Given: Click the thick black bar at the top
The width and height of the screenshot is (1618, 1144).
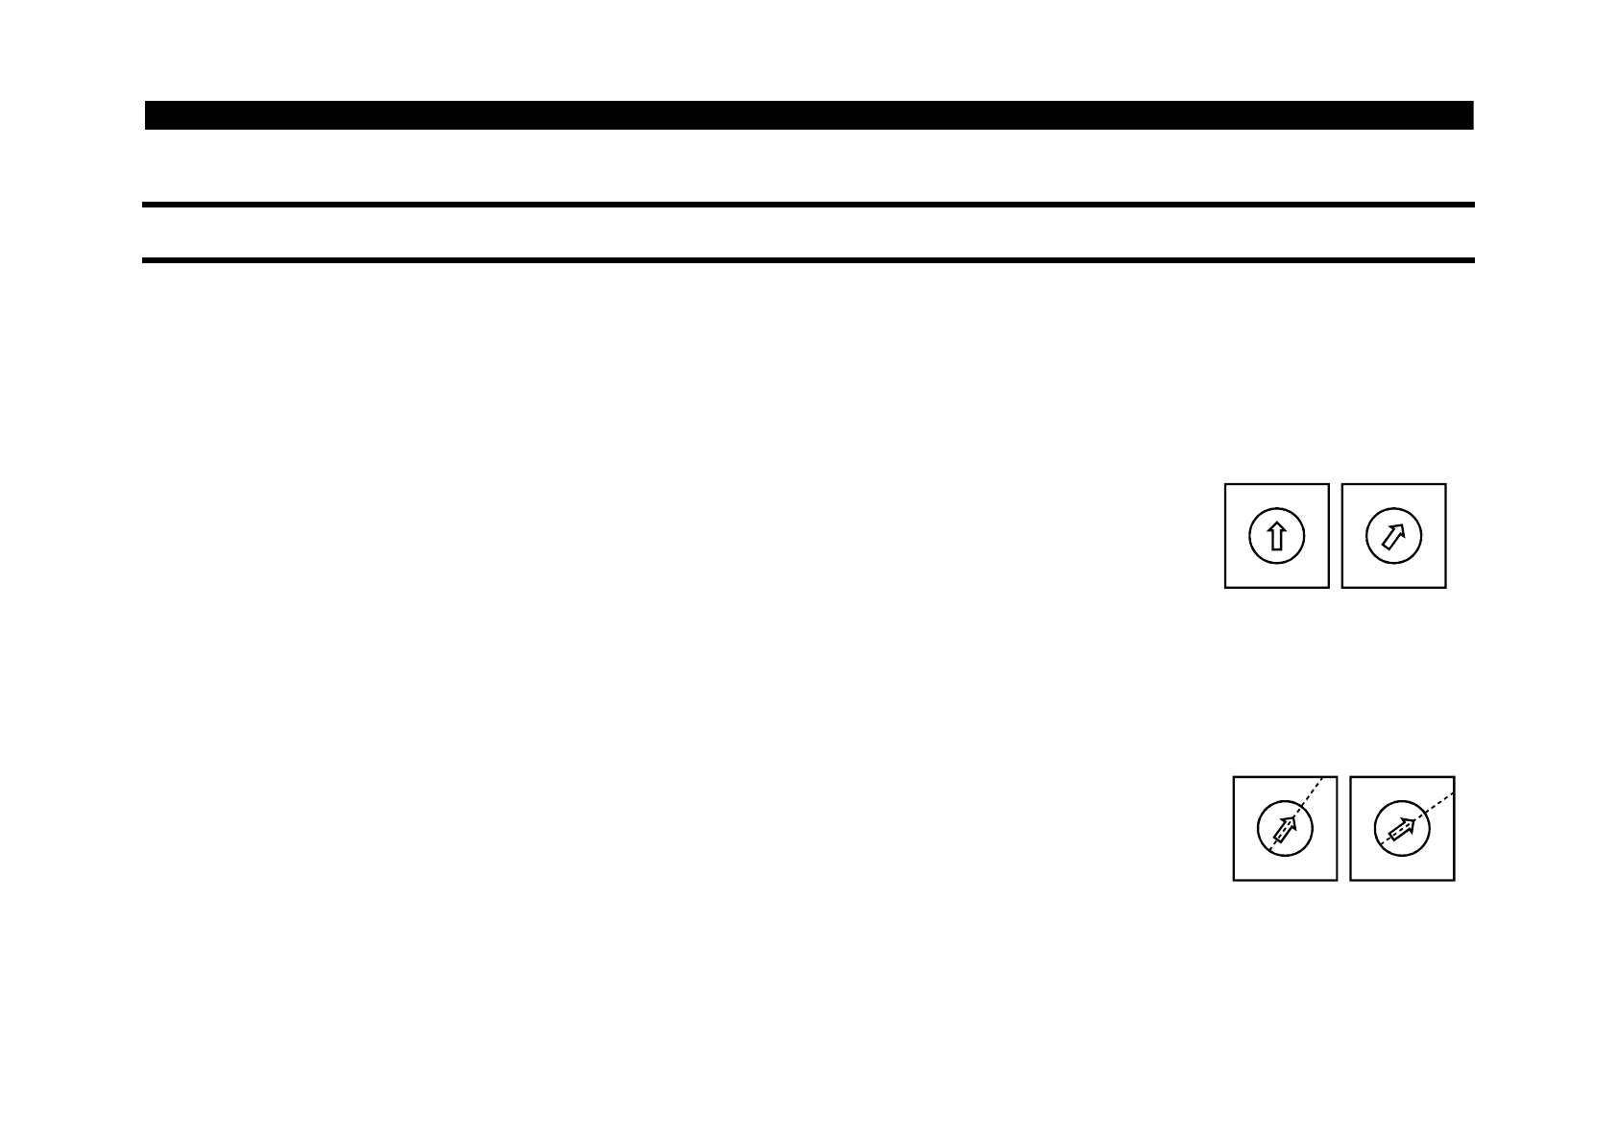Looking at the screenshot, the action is [x=809, y=115].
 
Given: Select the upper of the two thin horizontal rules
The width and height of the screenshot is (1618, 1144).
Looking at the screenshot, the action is [x=809, y=205].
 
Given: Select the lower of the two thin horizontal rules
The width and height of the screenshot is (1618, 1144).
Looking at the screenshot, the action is [x=809, y=260].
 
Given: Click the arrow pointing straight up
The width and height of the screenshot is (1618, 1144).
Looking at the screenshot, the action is [x=1276, y=536].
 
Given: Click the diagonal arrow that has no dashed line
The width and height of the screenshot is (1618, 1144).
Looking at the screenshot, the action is [x=1393, y=536].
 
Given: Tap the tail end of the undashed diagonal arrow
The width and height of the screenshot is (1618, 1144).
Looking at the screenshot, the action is [x=1384, y=547].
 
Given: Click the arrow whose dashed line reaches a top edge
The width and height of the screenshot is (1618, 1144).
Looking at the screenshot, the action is [x=1285, y=828].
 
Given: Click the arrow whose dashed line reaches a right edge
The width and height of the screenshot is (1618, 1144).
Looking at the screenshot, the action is [x=1402, y=828].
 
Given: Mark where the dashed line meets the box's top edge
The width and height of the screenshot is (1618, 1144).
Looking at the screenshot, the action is [x=1324, y=776].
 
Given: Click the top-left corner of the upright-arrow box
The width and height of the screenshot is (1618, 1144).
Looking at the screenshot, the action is [x=1225, y=484].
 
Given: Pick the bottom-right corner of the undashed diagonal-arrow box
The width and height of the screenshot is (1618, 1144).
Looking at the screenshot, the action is [x=1446, y=587].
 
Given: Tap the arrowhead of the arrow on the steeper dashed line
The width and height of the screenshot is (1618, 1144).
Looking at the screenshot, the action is [x=1292, y=820].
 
